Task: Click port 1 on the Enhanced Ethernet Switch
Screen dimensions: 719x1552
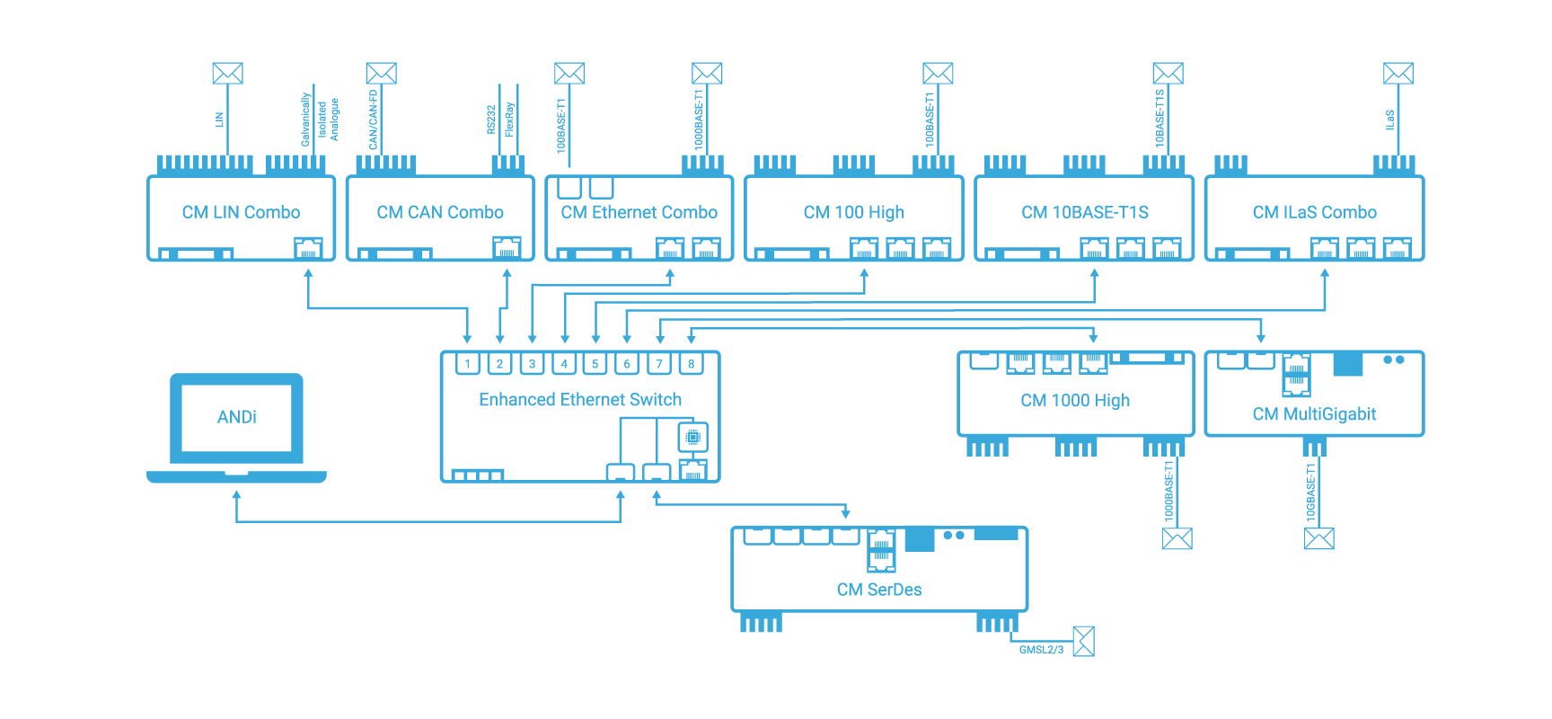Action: coord(467,364)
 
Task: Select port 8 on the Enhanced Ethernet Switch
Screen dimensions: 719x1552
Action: coord(691,364)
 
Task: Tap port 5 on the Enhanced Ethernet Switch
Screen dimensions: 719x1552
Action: coord(595,364)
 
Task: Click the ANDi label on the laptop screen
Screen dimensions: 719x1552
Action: coord(237,417)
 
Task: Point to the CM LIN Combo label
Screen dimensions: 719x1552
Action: coord(241,212)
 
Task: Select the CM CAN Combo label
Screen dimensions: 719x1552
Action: coord(440,212)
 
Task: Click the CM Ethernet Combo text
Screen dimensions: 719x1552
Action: coord(639,212)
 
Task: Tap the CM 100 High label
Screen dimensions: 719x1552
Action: coord(853,212)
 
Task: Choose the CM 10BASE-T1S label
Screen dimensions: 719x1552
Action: coord(1085,212)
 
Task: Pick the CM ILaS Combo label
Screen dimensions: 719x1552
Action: coord(1315,212)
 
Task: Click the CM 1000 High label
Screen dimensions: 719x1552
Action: coord(1075,400)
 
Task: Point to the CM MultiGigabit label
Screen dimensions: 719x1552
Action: coord(1314,414)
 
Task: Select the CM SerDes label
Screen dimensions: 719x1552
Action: coord(879,590)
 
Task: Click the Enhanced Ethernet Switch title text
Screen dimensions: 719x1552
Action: coord(580,400)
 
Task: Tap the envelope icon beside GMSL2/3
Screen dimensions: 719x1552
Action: coord(1084,642)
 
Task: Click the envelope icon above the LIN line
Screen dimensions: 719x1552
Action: coord(227,73)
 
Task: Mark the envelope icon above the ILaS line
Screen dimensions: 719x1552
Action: coord(1398,73)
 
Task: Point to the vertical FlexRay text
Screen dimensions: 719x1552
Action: coord(509,119)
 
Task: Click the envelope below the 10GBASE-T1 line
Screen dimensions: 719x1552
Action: coord(1319,538)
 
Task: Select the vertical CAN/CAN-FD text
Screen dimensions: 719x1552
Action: coord(374,119)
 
